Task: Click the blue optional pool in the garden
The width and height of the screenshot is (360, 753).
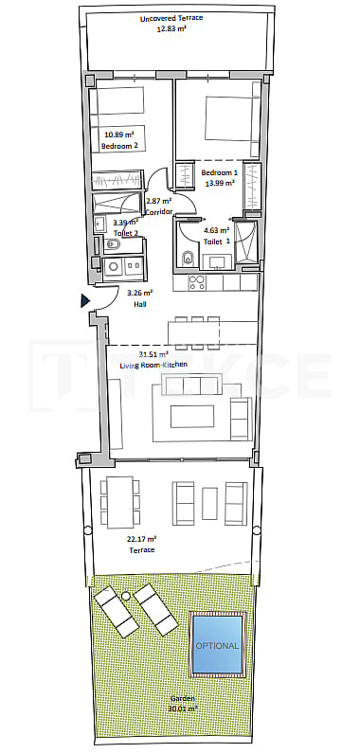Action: (x=217, y=644)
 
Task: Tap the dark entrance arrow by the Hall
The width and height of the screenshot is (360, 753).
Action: (x=85, y=300)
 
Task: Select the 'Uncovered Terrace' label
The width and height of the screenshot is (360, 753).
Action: (x=171, y=18)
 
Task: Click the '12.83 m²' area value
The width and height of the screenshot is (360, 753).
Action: (x=171, y=28)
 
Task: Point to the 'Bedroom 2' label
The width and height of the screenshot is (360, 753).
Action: (x=117, y=146)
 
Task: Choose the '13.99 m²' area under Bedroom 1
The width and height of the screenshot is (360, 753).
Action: (x=219, y=183)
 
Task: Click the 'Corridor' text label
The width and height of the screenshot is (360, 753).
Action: (x=158, y=211)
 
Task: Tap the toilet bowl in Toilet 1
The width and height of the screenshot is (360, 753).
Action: (x=189, y=258)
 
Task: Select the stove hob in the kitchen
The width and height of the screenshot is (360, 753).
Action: (x=197, y=282)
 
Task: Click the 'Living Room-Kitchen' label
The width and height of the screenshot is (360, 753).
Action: (x=153, y=365)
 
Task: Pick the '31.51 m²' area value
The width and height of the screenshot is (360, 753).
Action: (x=153, y=355)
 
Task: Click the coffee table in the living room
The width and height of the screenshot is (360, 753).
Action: (x=192, y=417)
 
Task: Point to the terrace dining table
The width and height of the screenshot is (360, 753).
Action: (x=120, y=502)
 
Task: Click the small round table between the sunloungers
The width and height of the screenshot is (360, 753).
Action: (x=126, y=596)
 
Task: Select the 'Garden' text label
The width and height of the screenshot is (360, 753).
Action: (x=183, y=698)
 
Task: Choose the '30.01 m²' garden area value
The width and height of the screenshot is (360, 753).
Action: (x=183, y=708)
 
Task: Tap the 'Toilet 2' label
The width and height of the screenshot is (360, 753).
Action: (x=126, y=232)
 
